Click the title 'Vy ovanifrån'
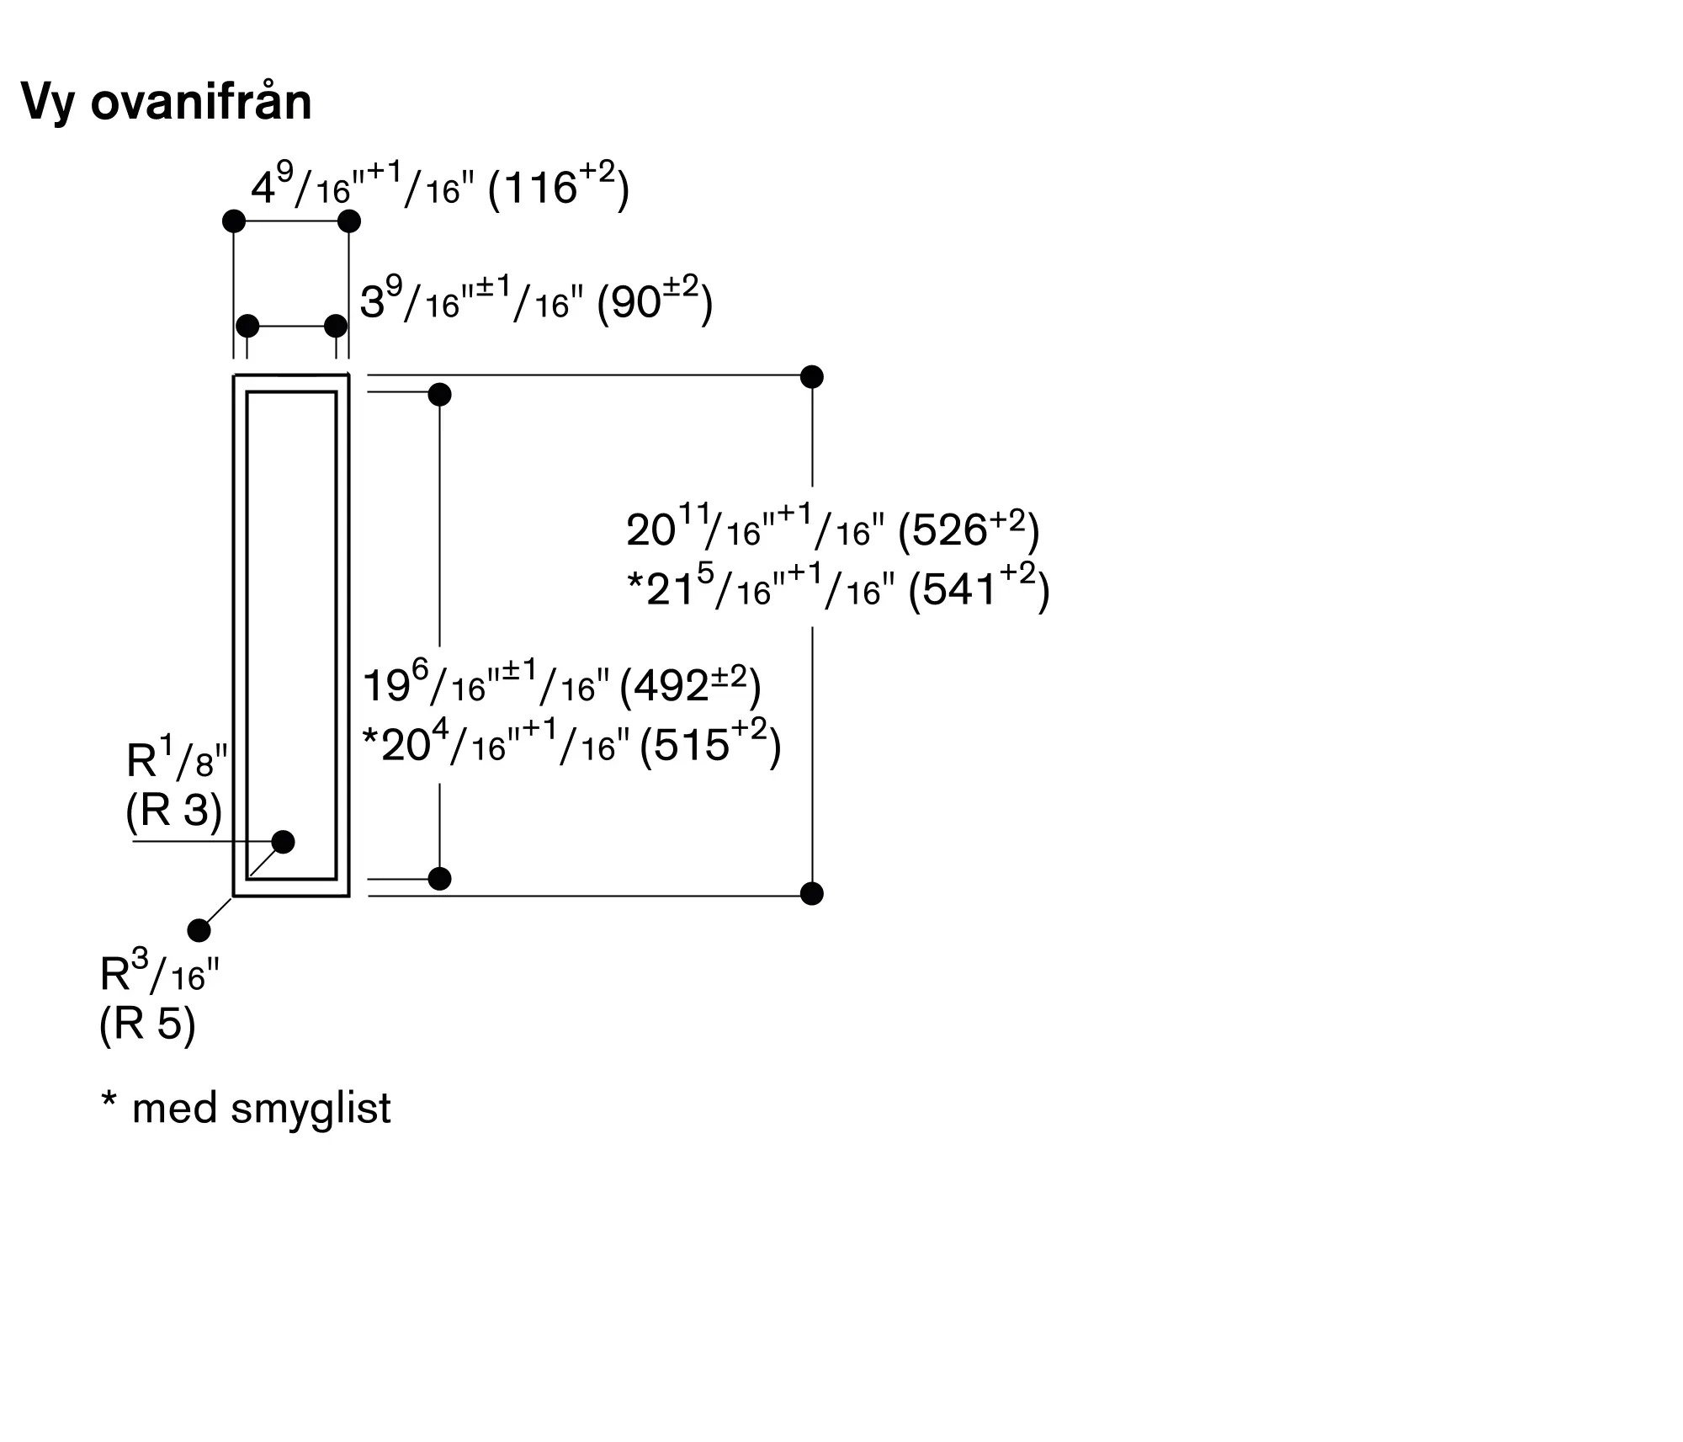(x=167, y=102)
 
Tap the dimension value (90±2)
(x=655, y=301)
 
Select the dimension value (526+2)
(x=969, y=529)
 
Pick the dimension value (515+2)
(x=710, y=744)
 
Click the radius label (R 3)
(x=174, y=811)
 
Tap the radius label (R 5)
(x=148, y=1024)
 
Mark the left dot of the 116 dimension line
(x=234, y=221)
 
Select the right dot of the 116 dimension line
(x=349, y=221)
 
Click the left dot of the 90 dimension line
(x=247, y=326)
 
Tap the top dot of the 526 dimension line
(x=812, y=376)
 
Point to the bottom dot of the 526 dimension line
(x=812, y=893)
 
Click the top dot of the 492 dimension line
(x=440, y=394)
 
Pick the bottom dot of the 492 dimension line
(x=440, y=879)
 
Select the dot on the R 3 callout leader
(x=284, y=841)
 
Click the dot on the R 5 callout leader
(x=199, y=930)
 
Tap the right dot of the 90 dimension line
(x=336, y=326)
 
